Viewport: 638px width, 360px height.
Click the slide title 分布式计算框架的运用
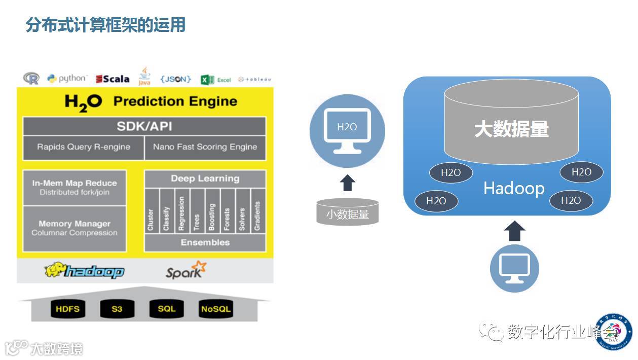tap(105, 24)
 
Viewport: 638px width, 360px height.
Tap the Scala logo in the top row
tap(113, 79)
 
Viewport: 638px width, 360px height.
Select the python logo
tap(67, 79)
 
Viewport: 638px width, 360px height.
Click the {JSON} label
tap(175, 79)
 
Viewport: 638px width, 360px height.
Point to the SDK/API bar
tap(144, 126)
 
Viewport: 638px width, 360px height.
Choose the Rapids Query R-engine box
tap(84, 147)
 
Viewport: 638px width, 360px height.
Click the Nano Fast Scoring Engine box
tap(205, 147)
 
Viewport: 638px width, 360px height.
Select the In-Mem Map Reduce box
tap(74, 188)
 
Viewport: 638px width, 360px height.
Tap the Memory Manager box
tap(74, 228)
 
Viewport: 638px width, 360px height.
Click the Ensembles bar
tap(205, 242)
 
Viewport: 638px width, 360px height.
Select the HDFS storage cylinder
tap(68, 309)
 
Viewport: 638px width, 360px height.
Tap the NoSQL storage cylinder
tap(215, 309)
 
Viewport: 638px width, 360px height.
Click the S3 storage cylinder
tap(117, 309)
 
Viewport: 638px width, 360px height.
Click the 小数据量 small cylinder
tap(347, 213)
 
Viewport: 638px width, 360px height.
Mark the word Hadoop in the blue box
tap(514, 189)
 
